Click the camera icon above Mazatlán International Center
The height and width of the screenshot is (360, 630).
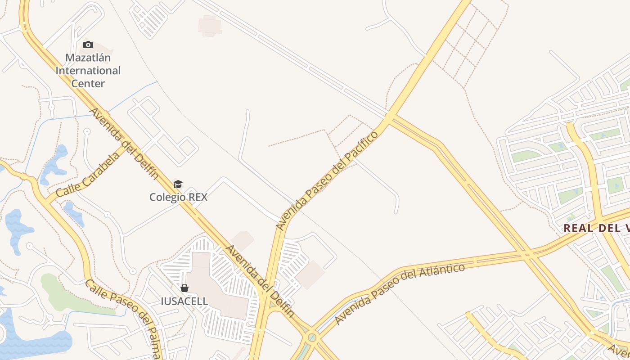pyautogui.click(x=88, y=45)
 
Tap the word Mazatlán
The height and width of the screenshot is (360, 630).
pyautogui.click(x=88, y=58)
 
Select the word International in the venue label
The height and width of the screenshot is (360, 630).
pyautogui.click(x=88, y=71)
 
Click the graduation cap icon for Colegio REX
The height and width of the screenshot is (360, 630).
pyautogui.click(x=178, y=184)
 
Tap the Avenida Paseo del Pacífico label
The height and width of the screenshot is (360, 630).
pyautogui.click(x=327, y=180)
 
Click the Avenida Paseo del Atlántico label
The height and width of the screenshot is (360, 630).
pyautogui.click(x=400, y=293)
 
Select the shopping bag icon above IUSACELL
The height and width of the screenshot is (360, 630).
pyautogui.click(x=184, y=288)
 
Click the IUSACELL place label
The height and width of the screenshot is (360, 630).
pyautogui.click(x=184, y=301)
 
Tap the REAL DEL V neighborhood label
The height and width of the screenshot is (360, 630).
pyautogui.click(x=596, y=228)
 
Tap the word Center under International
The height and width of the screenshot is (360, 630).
pyautogui.click(x=88, y=83)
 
